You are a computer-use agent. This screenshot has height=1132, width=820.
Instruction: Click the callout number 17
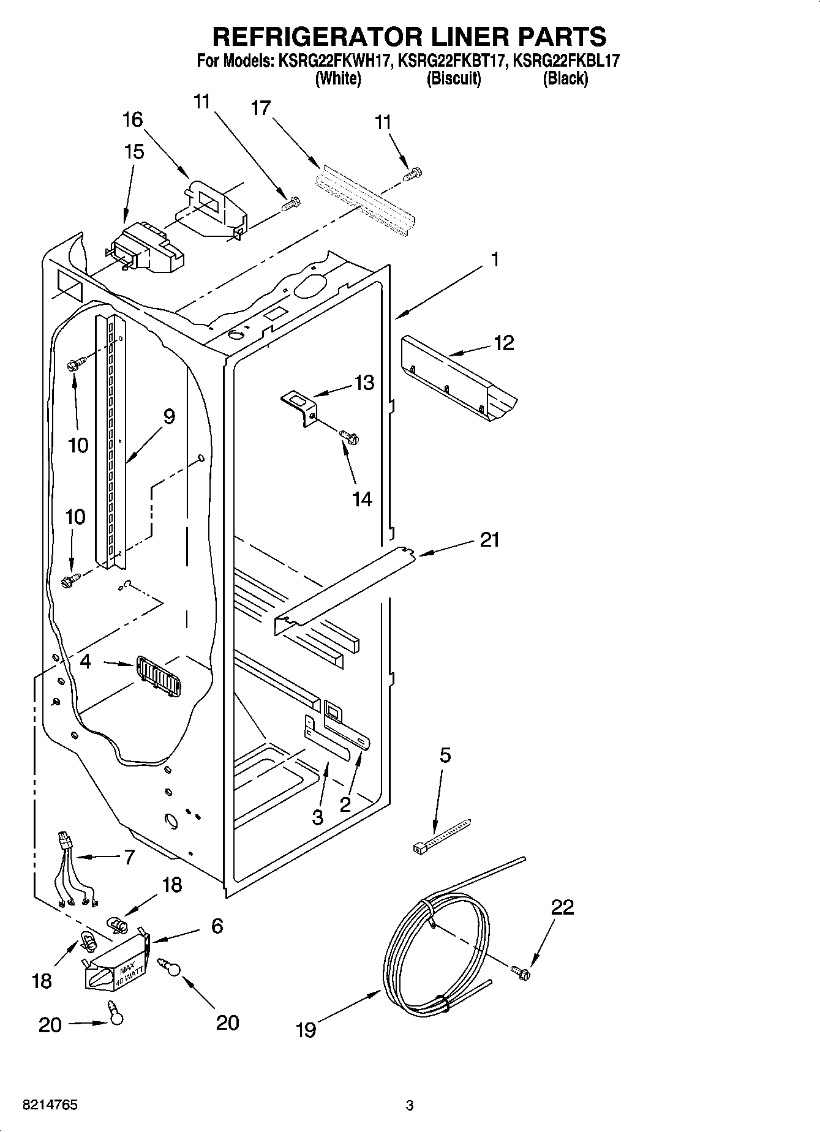click(260, 108)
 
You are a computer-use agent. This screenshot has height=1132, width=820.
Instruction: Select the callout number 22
click(562, 907)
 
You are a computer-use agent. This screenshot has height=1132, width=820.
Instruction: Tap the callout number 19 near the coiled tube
click(306, 1030)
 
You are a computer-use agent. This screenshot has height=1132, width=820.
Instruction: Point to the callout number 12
click(503, 343)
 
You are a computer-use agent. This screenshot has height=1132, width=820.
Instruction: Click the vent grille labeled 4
click(158, 677)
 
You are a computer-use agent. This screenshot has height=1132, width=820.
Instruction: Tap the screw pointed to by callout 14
click(349, 437)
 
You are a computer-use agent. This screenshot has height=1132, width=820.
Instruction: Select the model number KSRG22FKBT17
click(452, 61)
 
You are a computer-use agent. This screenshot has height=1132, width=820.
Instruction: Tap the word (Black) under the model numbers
click(565, 78)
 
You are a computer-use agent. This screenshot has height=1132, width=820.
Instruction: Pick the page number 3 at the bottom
click(409, 1106)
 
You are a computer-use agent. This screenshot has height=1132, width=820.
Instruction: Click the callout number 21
click(489, 540)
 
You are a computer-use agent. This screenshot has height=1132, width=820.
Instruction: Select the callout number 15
click(134, 152)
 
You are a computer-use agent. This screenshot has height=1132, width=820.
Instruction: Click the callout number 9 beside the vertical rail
click(168, 416)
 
